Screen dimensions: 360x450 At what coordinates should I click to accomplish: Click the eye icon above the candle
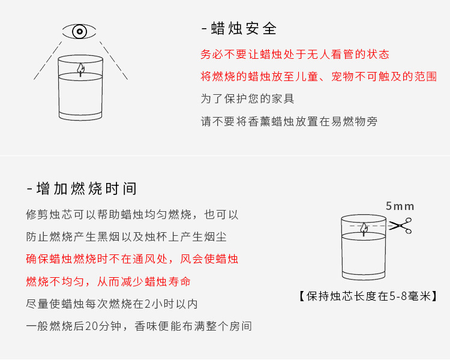80,31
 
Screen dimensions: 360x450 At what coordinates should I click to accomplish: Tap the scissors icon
400,226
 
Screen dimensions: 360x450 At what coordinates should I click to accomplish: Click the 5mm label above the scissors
400,206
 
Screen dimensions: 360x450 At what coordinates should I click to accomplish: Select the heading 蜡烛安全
239,28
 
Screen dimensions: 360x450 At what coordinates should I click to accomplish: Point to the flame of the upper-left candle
80,70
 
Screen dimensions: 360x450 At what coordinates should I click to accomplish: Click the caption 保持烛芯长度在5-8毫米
367,296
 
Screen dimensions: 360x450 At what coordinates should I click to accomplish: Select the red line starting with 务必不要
295,55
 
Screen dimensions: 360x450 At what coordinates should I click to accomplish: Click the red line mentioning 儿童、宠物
318,77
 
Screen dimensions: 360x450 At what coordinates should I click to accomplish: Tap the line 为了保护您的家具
247,98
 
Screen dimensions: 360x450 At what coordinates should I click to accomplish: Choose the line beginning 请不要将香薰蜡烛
289,121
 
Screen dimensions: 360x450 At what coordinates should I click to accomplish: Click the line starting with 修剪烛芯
132,214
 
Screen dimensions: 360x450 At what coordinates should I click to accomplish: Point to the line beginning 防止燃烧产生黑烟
126,236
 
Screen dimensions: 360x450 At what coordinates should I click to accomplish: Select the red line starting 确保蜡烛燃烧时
132,259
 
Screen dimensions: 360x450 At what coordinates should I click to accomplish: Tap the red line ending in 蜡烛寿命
109,281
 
